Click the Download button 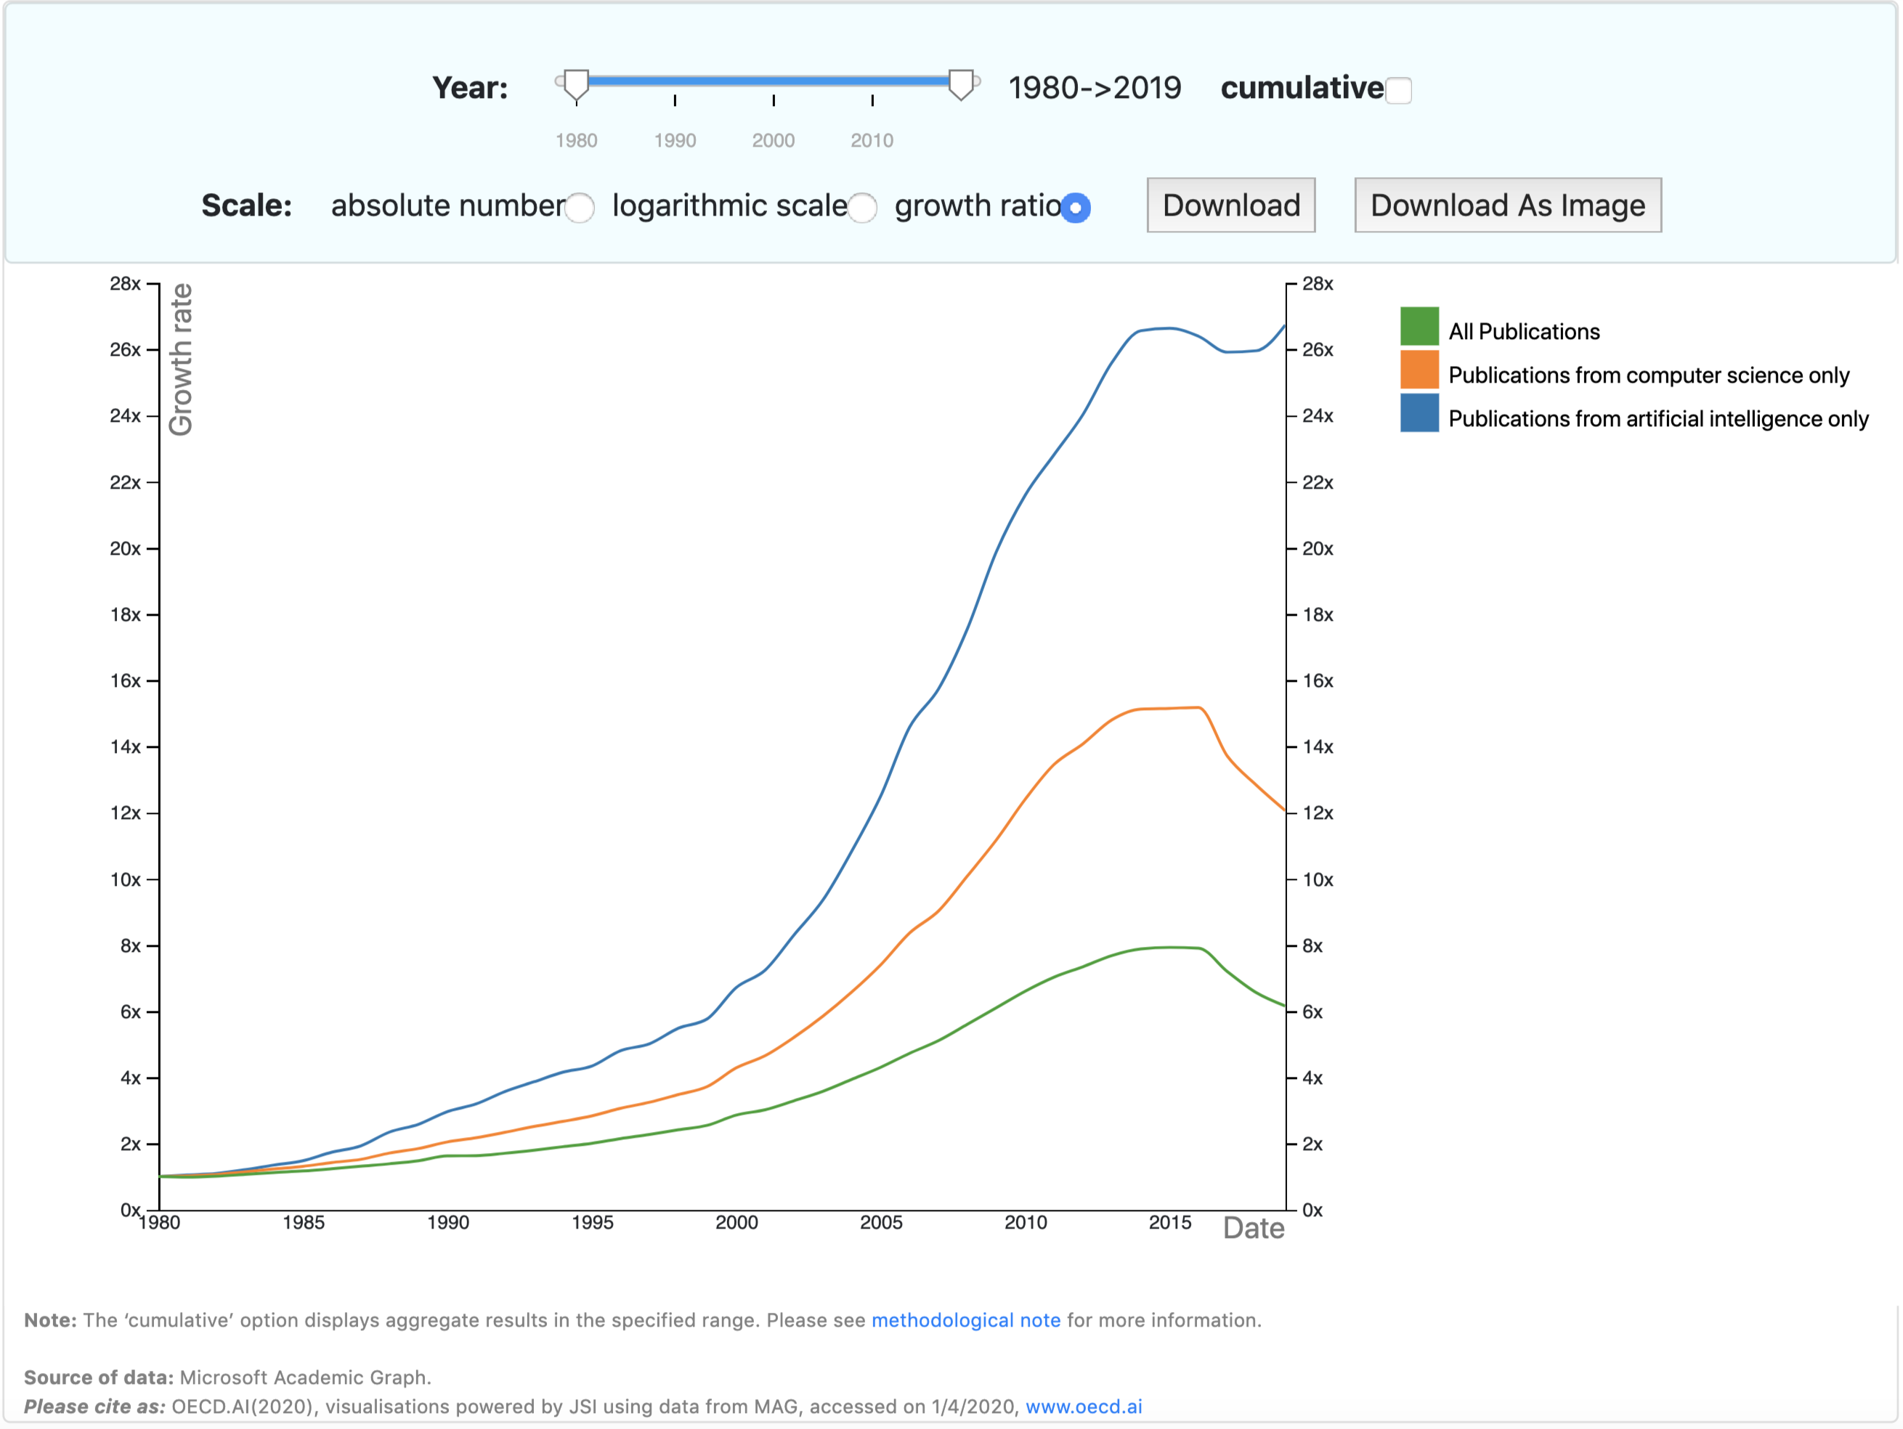[1230, 205]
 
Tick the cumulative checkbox [1398, 90]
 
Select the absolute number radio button [580, 207]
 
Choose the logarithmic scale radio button [862, 207]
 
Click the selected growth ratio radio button [1076, 207]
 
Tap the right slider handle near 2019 [961, 84]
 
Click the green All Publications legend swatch [1419, 326]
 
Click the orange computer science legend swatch [1419, 370]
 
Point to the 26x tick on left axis [126, 350]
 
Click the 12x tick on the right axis [1317, 813]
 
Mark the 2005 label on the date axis [881, 1223]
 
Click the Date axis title [1253, 1228]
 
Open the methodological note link [965, 1320]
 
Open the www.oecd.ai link [1083, 1406]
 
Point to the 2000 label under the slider [773, 140]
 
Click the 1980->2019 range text [1095, 88]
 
